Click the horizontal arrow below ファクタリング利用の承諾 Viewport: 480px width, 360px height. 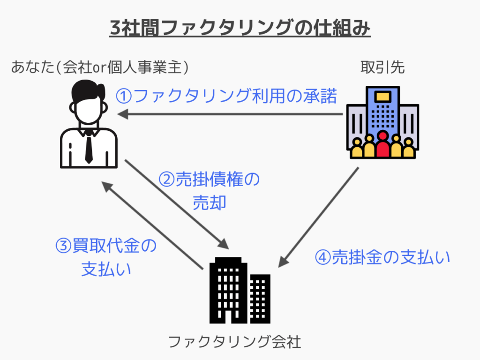coord(230,114)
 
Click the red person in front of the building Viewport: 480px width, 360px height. coord(383,146)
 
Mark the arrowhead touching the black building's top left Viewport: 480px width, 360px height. coord(224,246)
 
